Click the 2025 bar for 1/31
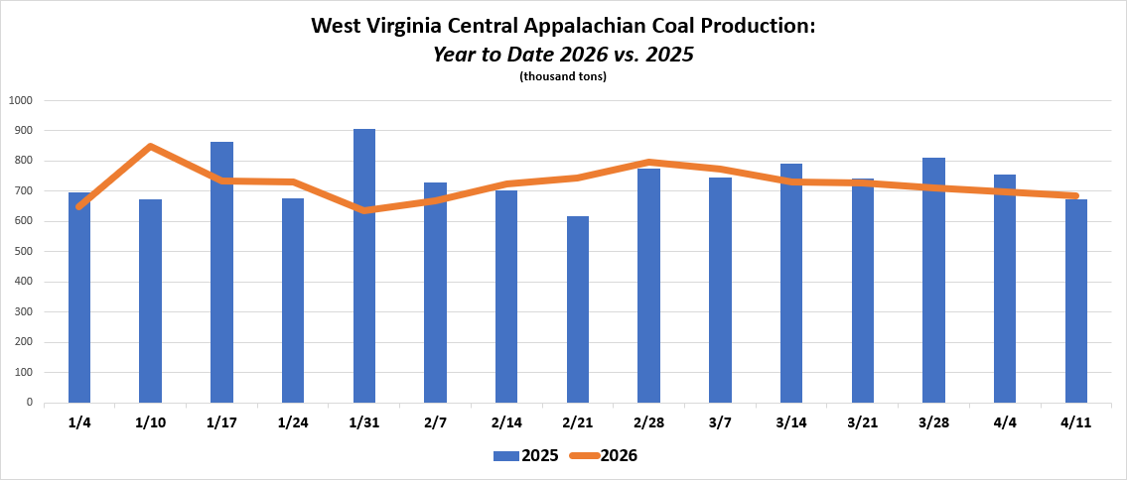point(364,298)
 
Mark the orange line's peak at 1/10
point(150,147)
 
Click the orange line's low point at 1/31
point(364,210)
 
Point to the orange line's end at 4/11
point(1076,195)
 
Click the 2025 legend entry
point(525,456)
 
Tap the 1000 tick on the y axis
point(21,100)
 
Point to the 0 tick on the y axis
point(29,403)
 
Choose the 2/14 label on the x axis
point(506,422)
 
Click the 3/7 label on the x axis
point(720,422)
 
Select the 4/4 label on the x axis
point(1005,422)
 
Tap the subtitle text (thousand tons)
point(563,76)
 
